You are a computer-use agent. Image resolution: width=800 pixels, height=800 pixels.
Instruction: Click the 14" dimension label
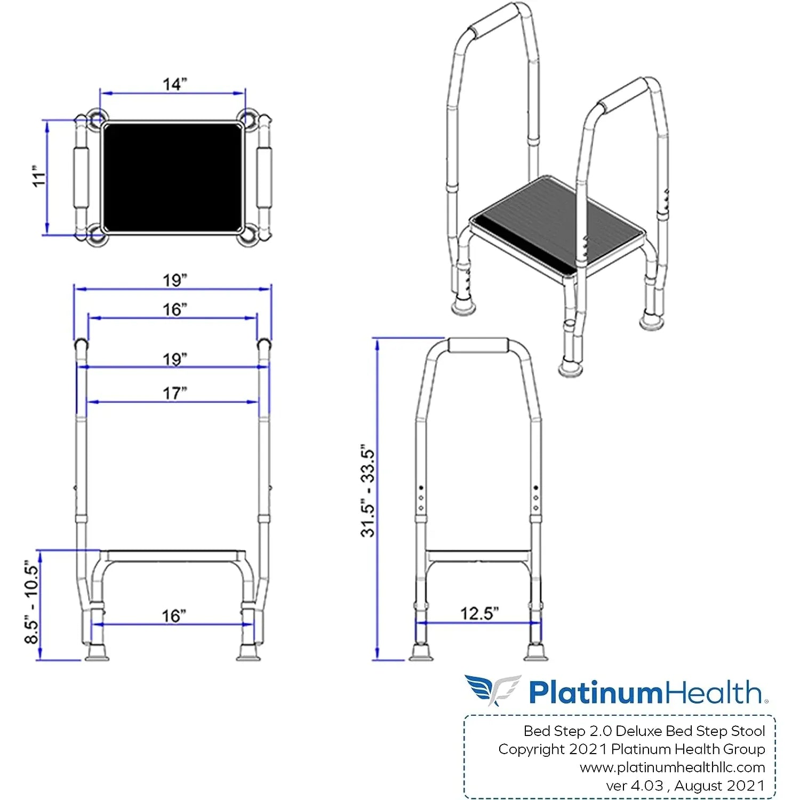[x=175, y=84]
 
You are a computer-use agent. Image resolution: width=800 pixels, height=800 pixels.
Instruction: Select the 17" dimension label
[x=175, y=393]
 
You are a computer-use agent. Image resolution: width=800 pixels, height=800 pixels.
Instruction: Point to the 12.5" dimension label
[x=479, y=613]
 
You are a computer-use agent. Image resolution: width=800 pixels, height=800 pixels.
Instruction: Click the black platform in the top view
[x=172, y=177]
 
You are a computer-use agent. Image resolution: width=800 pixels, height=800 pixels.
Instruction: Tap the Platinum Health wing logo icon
[x=492, y=690]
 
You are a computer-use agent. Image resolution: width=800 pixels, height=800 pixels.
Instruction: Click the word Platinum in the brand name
[x=595, y=692]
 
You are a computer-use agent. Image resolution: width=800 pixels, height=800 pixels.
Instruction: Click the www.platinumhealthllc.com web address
[x=672, y=767]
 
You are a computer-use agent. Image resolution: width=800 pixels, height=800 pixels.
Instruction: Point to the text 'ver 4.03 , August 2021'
[x=685, y=786]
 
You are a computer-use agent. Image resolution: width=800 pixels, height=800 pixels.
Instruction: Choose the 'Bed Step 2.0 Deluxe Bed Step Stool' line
[x=644, y=731]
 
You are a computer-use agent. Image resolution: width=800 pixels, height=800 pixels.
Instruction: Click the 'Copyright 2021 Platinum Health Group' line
[x=631, y=749]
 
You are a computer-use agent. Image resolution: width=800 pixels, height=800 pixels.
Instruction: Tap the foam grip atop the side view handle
[x=478, y=345]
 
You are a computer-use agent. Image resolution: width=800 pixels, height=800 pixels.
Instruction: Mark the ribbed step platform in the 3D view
[x=555, y=224]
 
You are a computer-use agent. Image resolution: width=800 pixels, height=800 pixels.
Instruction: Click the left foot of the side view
[x=421, y=652]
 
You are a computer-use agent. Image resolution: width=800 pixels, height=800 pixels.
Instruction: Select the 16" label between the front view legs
[x=174, y=616]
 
